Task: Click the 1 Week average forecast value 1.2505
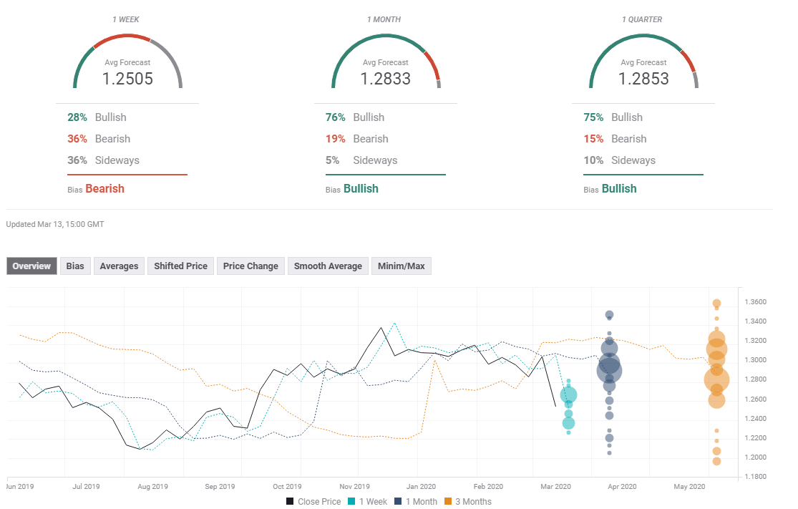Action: pyautogui.click(x=127, y=79)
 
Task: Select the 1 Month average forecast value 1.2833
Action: pyautogui.click(x=385, y=79)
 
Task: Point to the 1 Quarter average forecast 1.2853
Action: pyautogui.click(x=643, y=79)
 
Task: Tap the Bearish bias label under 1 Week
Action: pyautogui.click(x=104, y=189)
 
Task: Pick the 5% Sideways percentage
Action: pyautogui.click(x=332, y=160)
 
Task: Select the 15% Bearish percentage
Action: pyautogui.click(x=594, y=139)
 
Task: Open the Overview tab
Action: pyautogui.click(x=31, y=266)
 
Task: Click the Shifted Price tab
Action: pyautogui.click(x=180, y=266)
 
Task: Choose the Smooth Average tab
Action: pyautogui.click(x=328, y=266)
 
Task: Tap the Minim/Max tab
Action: pyautogui.click(x=401, y=266)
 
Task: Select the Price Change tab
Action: pyautogui.click(x=250, y=266)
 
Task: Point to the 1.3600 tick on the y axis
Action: pyautogui.click(x=758, y=302)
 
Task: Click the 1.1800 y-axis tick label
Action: pyautogui.click(x=758, y=477)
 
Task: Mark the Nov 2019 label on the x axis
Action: pyautogui.click(x=354, y=487)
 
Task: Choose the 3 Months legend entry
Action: pyautogui.click(x=468, y=502)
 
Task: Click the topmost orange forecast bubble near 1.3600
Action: pyautogui.click(x=716, y=304)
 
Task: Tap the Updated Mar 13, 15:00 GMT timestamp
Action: pyautogui.click(x=55, y=224)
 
